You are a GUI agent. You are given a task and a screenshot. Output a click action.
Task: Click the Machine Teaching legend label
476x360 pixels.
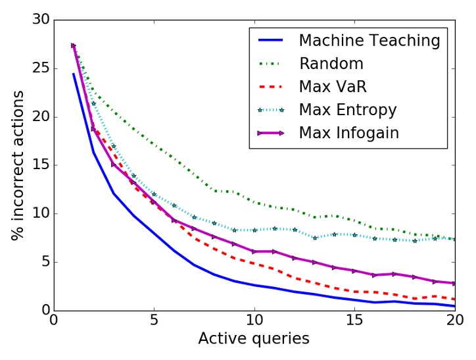coord(369,41)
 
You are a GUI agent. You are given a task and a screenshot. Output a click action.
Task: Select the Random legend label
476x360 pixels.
coord(332,64)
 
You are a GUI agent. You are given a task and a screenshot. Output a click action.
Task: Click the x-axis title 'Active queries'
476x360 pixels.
coord(254,339)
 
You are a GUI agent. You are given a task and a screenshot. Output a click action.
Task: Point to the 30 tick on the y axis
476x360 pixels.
coord(41,20)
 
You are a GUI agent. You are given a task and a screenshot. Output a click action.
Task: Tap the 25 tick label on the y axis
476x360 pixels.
coord(41,68)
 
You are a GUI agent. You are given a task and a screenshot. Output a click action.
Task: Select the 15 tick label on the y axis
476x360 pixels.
coord(41,165)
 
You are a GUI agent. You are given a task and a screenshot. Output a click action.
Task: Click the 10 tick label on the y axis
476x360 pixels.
coord(41,213)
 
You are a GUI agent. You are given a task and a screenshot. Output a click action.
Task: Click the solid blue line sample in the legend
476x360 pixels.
coord(270,41)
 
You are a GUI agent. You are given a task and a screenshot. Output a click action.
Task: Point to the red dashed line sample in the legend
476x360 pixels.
coord(270,87)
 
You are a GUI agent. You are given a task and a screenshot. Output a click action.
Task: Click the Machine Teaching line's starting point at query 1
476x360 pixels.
coord(74,74)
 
